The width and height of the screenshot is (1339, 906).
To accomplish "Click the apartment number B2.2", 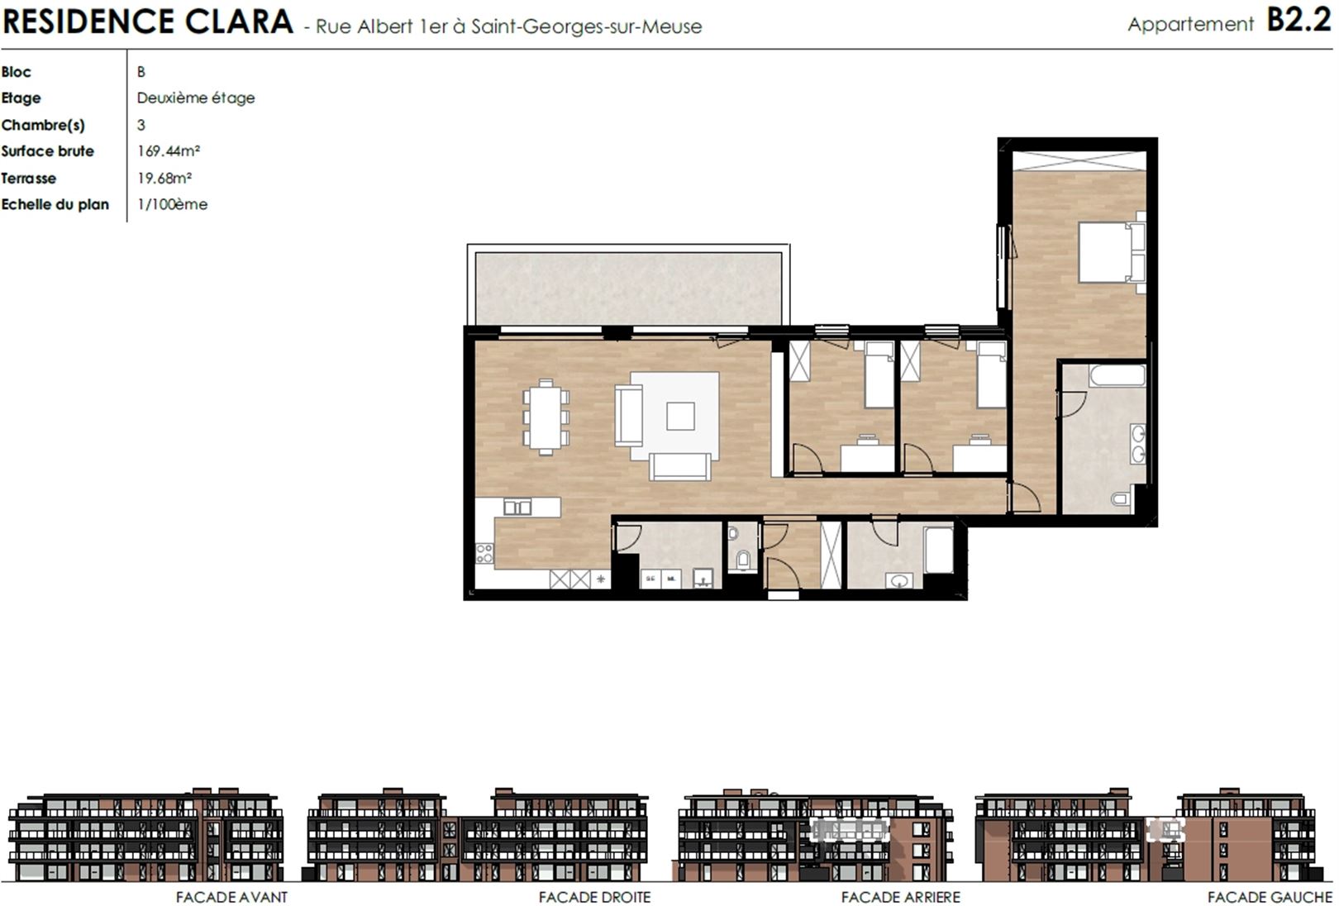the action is coord(1299,21).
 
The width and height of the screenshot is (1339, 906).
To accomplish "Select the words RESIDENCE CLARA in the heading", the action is coord(148,21).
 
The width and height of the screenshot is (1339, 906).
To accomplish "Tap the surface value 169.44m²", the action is coord(169,150).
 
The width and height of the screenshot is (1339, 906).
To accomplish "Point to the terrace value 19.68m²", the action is coord(164,178).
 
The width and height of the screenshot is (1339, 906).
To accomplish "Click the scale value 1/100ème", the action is coord(172,204).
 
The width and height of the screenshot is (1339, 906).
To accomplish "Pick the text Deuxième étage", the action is coord(195,98).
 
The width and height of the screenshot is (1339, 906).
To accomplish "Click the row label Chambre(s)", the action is coord(43,125).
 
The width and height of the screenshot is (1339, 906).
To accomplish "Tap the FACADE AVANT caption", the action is coord(231,897).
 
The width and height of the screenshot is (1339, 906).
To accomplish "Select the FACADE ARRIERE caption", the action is coord(900,897).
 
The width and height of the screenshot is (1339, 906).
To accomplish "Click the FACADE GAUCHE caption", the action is coord(1270,897).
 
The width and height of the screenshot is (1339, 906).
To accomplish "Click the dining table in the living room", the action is coord(546,417).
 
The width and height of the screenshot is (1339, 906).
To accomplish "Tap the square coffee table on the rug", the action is coord(680,416).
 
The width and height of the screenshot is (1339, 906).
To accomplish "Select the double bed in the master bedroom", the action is coord(1112,252).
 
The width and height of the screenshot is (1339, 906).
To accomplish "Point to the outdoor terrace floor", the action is coord(628,288).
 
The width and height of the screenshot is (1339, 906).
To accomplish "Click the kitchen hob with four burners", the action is coord(484,553).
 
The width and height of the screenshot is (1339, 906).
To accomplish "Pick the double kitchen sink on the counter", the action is coord(517,508).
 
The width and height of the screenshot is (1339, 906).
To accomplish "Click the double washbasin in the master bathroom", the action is coord(1137,443).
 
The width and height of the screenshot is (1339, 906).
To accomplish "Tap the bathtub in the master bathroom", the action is coord(1117,375).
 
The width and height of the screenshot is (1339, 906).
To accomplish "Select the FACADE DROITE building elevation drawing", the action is coord(478,835).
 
